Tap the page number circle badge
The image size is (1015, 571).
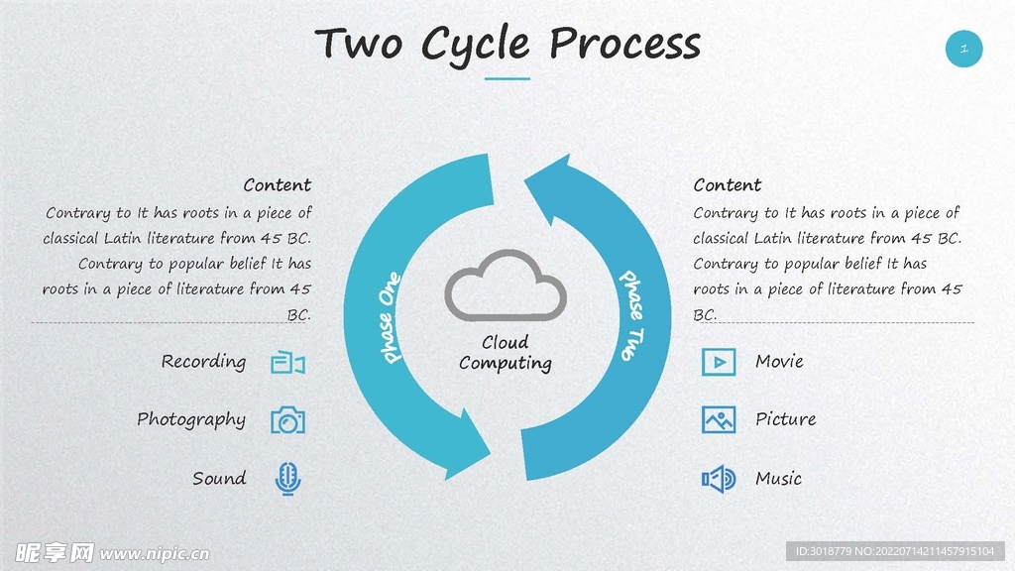(963, 48)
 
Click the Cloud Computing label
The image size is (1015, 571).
(506, 353)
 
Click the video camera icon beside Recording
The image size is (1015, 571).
(287, 363)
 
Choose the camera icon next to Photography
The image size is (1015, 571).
(287, 420)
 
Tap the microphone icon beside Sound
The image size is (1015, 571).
(287, 479)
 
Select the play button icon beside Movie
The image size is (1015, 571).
(719, 362)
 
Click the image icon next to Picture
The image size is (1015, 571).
(719, 419)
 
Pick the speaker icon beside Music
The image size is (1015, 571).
(719, 480)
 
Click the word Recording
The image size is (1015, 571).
(203, 362)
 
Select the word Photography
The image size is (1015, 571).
(191, 420)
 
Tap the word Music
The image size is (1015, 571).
(778, 479)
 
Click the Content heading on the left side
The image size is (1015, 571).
(277, 185)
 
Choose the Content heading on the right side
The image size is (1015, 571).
(728, 185)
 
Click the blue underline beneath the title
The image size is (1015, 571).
(507, 78)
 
